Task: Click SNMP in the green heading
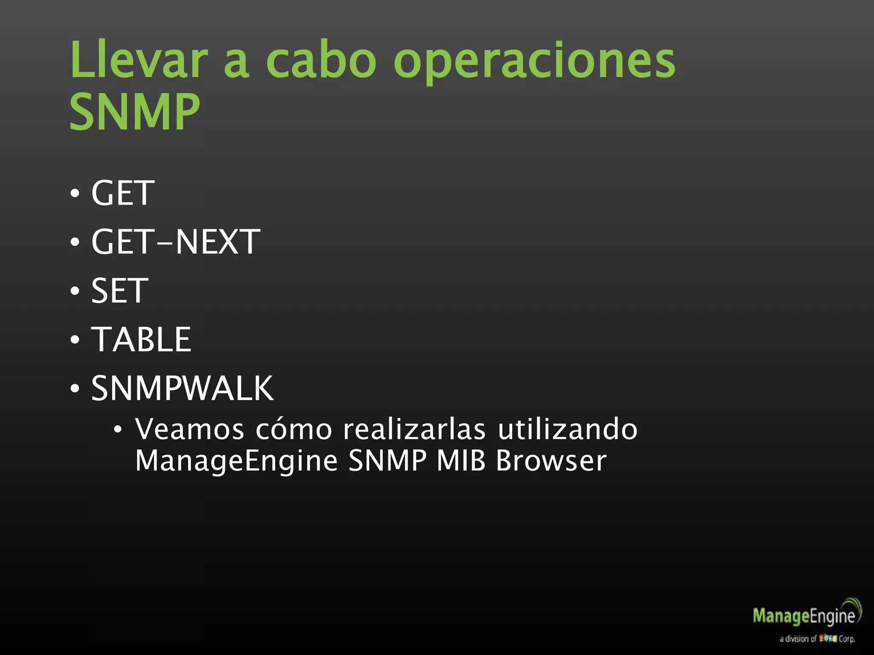134,112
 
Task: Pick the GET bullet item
122,193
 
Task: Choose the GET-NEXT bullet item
175,242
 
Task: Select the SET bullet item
120,291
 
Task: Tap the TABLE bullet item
141,339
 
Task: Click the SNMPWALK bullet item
182,388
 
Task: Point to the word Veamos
189,429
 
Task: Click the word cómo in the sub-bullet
294,429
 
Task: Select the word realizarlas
414,429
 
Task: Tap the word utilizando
568,429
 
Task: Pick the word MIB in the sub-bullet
461,461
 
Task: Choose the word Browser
551,461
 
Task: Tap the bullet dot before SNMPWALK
75,388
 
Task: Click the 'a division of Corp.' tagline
817,639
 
